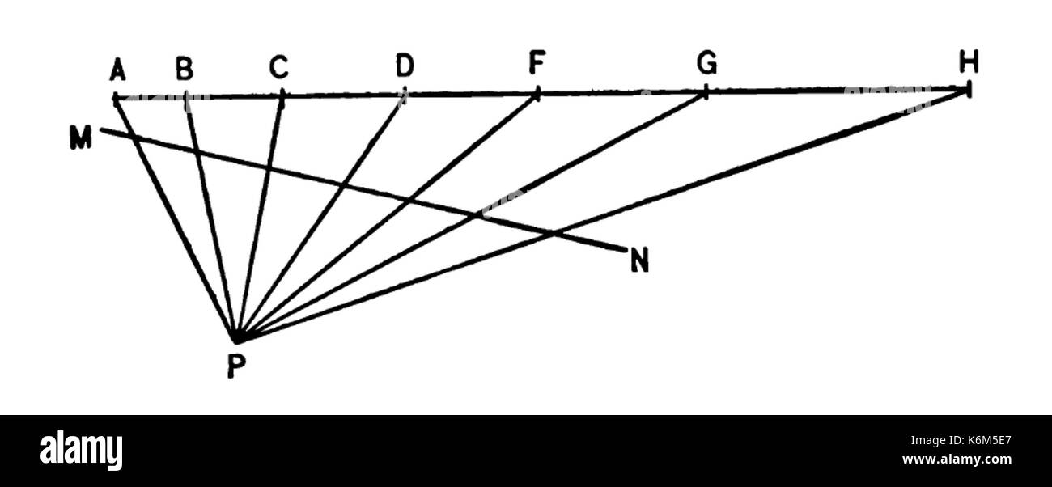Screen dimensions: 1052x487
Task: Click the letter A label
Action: click(118, 70)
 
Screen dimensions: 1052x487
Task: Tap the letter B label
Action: click(185, 68)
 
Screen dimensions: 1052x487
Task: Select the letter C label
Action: click(279, 66)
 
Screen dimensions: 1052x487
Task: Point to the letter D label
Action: click(405, 66)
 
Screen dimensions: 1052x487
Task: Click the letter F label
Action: click(537, 63)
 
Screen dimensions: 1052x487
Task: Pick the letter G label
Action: click(706, 63)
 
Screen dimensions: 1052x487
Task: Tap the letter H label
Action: click(969, 61)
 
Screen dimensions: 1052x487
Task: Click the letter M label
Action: click(81, 138)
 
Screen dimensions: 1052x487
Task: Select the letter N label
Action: click(639, 260)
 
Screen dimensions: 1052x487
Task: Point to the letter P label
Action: click(236, 366)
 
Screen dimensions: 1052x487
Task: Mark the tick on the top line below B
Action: click(186, 98)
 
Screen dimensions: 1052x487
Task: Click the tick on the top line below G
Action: click(706, 92)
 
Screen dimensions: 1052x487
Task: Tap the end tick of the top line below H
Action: click(969, 90)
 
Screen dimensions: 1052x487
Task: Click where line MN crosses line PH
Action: click(552, 232)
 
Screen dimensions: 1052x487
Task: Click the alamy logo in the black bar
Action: click(81, 451)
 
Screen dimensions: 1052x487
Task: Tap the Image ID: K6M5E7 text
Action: click(961, 441)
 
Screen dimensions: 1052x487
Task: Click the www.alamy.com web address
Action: click(957, 459)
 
